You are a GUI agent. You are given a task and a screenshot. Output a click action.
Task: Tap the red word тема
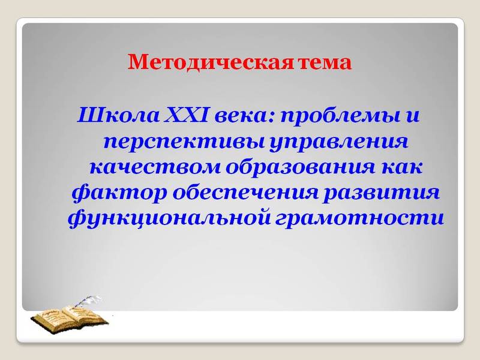pos(323,62)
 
